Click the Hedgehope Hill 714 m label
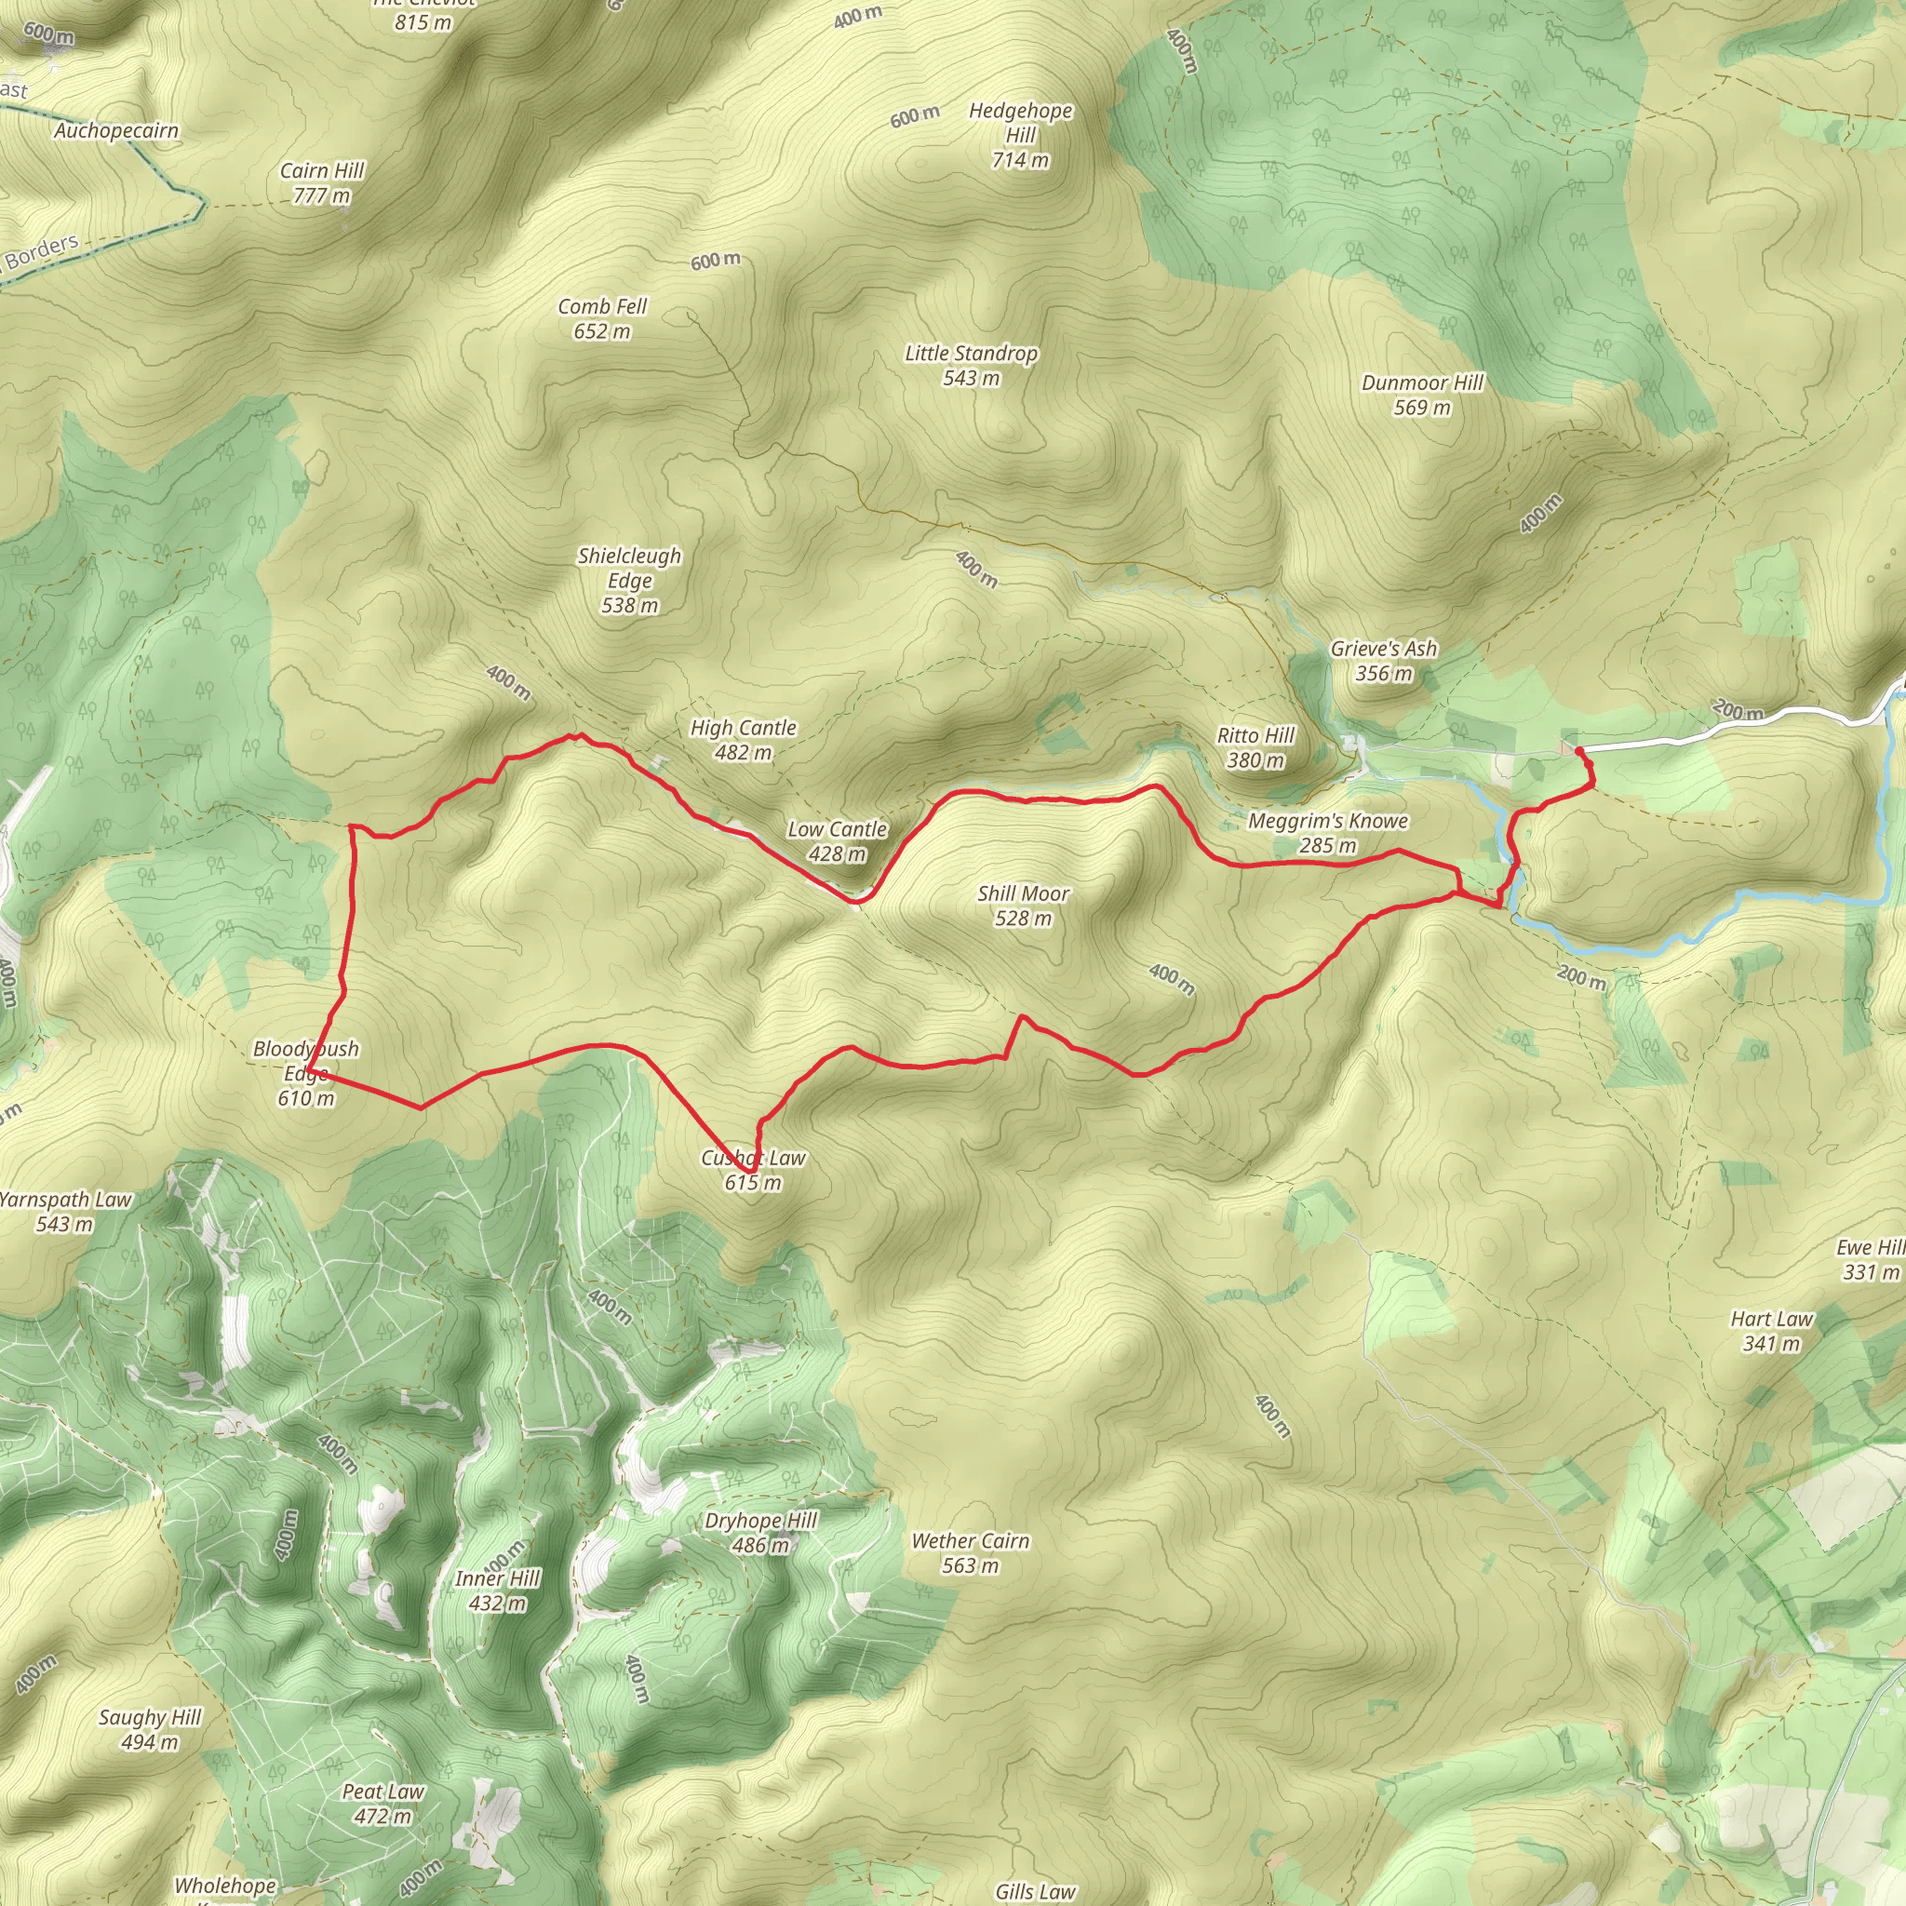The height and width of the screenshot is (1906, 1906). point(1020,135)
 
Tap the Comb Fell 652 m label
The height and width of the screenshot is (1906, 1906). point(602,318)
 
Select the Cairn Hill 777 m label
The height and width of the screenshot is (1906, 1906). point(322,182)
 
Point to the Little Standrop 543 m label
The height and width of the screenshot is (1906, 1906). point(971,365)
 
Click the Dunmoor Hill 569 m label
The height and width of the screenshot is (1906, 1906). point(1422,395)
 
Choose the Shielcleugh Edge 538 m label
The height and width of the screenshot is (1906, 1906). point(629,580)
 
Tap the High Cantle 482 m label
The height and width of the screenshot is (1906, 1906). point(743,740)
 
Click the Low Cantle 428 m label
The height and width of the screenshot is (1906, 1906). point(837,841)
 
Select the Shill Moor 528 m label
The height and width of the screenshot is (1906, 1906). point(1023,906)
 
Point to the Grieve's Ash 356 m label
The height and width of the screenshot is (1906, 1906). point(1383,661)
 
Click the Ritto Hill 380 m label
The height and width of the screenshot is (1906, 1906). point(1255,748)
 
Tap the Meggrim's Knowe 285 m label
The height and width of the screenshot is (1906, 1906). point(1328,833)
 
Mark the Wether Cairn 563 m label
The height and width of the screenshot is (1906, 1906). point(970,1553)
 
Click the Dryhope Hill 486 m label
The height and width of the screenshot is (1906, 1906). point(760,1532)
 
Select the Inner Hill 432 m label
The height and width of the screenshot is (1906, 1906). point(497,1591)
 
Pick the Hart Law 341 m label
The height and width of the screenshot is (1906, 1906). point(1771,1331)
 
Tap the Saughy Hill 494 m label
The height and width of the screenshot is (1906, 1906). point(150,1729)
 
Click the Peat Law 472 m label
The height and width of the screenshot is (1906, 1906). point(383,1804)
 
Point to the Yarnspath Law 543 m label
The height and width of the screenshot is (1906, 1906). point(65,1212)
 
